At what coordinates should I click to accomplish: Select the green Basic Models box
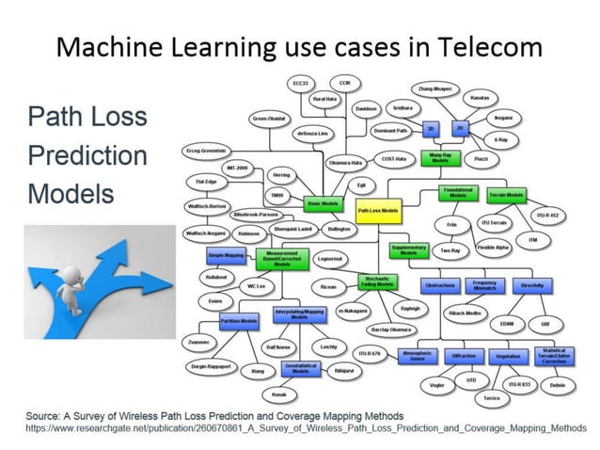[x=323, y=202]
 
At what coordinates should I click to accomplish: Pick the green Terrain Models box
[x=508, y=196]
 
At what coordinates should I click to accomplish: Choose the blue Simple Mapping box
[x=227, y=255]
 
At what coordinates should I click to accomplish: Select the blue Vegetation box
[x=507, y=356]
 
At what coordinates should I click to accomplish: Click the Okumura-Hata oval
[x=344, y=163]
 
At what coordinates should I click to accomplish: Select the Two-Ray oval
[x=450, y=250]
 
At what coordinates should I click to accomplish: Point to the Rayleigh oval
[x=411, y=308]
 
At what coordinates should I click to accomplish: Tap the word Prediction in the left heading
[x=86, y=155]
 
